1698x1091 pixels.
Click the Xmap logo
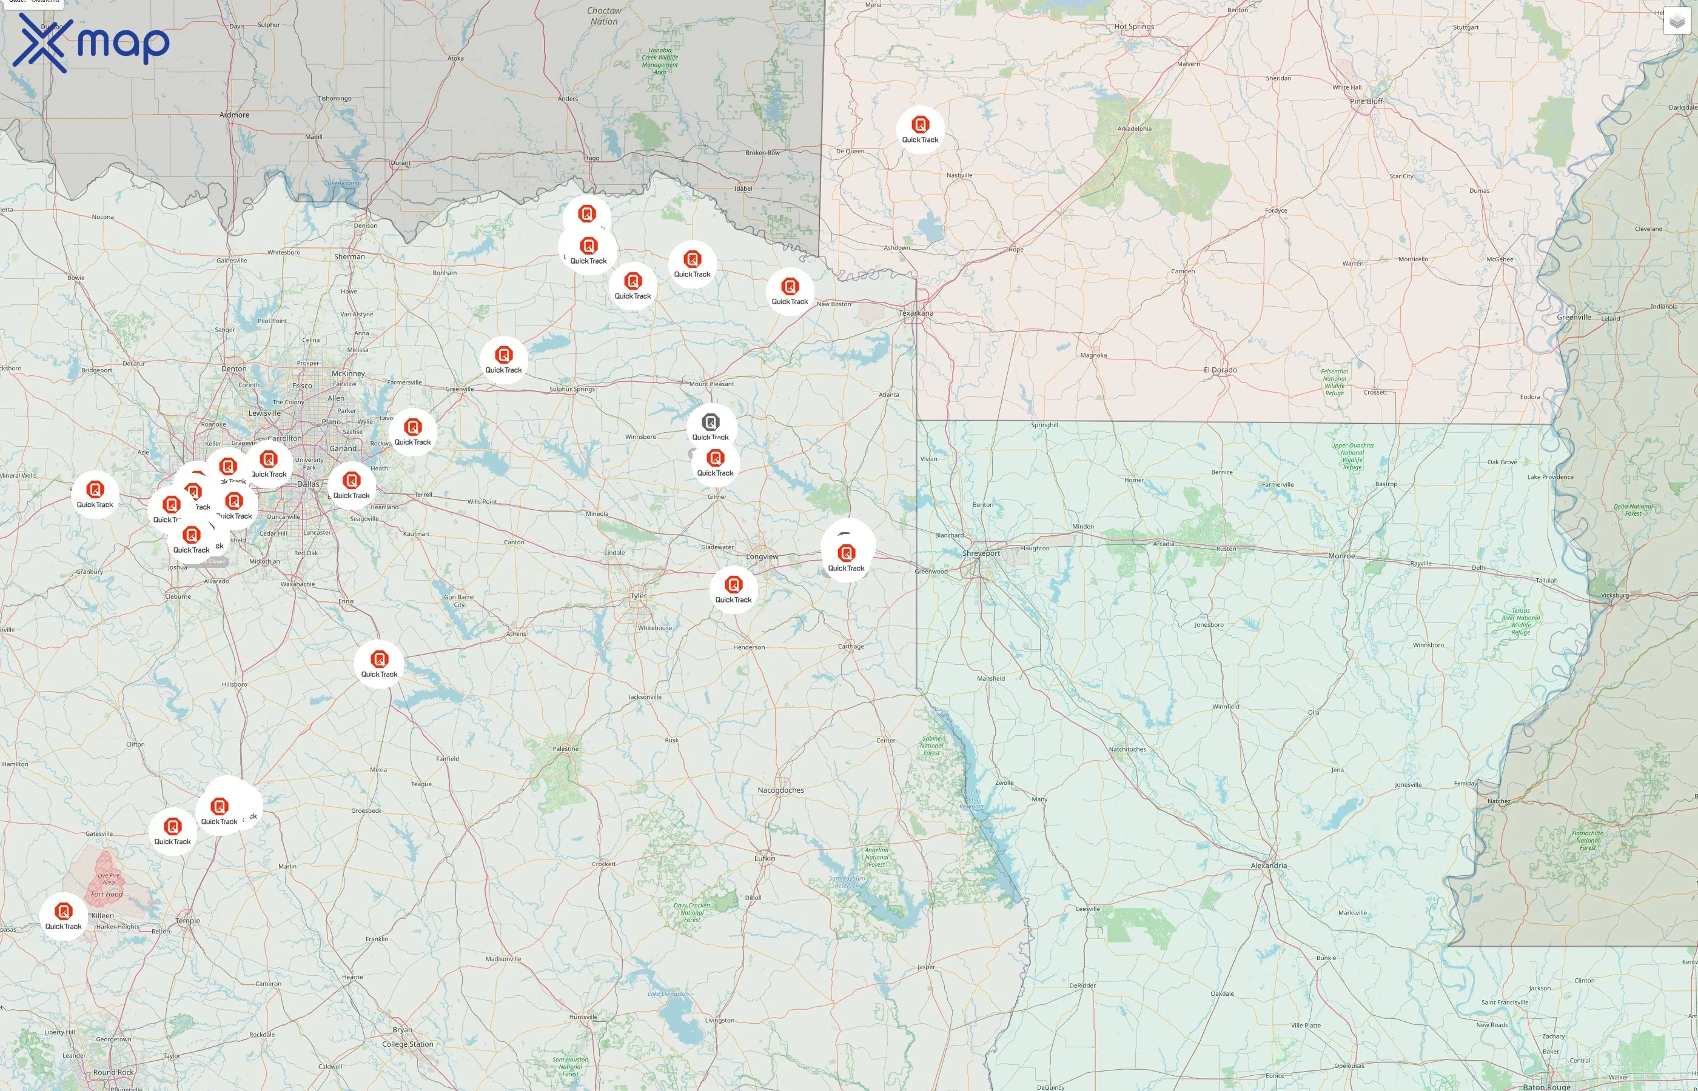(x=91, y=42)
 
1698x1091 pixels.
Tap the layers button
(x=1676, y=22)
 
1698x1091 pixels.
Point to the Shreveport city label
(x=982, y=553)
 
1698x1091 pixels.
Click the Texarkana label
(x=916, y=313)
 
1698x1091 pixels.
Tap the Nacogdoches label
(x=780, y=790)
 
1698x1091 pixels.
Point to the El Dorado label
(x=1220, y=370)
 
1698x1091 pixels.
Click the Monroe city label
(x=1341, y=556)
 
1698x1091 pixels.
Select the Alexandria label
(x=1269, y=866)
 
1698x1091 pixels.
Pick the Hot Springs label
(x=1134, y=27)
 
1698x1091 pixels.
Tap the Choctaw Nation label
(x=604, y=16)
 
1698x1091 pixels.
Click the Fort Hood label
(x=107, y=894)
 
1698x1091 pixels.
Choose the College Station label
(x=408, y=1044)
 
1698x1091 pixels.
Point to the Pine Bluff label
(x=1366, y=101)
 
